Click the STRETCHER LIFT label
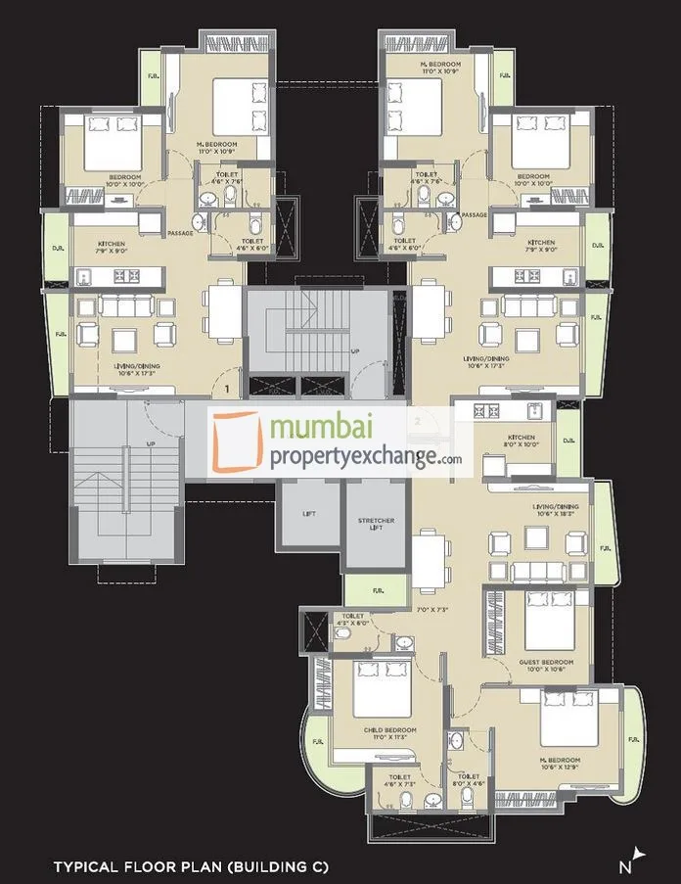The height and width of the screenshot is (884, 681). (376, 525)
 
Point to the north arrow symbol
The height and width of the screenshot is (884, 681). (639, 858)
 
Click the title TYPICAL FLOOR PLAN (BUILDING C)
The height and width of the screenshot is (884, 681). (191, 866)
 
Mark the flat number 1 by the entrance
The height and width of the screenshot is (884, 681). (226, 389)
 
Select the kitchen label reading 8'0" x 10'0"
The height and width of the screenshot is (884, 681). (521, 441)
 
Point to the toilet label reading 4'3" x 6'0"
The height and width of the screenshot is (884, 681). (353, 619)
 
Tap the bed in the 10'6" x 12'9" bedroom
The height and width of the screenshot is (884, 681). (568, 720)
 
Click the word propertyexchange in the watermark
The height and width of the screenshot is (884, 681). (352, 457)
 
